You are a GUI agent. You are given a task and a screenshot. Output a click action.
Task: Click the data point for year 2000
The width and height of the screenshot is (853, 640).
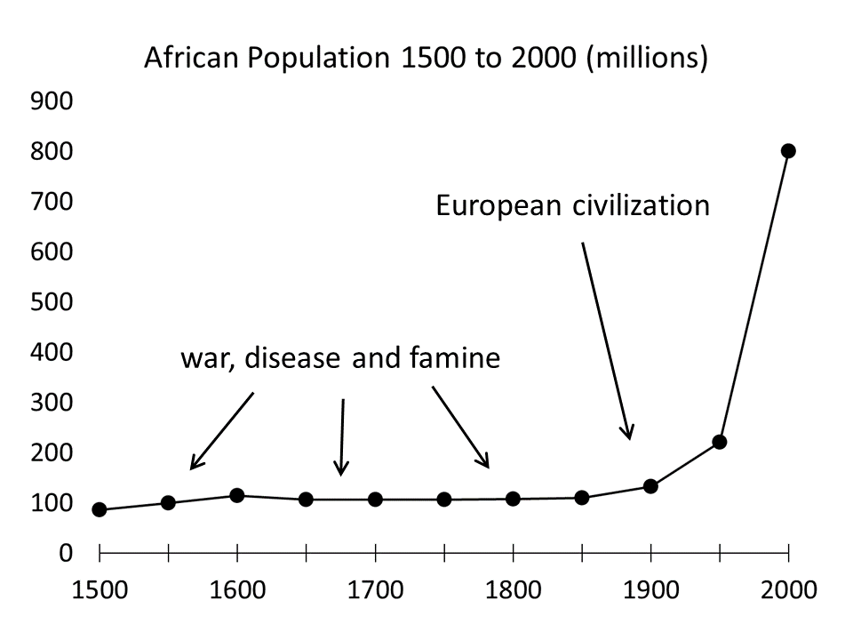coord(788,151)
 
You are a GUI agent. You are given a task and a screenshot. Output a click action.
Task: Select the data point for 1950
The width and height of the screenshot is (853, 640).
coord(720,442)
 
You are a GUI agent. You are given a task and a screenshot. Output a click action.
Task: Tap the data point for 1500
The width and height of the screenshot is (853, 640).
coord(100,510)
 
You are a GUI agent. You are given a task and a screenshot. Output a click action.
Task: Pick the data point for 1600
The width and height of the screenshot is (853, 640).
coord(237,495)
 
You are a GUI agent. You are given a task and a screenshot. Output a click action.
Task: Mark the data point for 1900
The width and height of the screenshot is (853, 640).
coord(650,486)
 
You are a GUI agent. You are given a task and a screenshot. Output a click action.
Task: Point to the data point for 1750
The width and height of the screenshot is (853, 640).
coord(444,500)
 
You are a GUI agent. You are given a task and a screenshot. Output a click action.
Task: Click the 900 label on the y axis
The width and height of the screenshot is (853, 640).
coord(52,102)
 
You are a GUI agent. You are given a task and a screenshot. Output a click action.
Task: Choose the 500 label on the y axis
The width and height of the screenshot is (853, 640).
coord(52,302)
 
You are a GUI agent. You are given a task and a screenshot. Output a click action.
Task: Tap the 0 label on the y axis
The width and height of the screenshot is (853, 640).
coord(66,553)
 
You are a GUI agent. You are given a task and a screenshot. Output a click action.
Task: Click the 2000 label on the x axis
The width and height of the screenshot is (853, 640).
coord(788,591)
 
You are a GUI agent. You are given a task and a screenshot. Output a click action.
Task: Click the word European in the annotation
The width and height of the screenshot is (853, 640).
coord(498,206)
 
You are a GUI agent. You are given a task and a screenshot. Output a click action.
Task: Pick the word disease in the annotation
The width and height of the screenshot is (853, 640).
coord(292,360)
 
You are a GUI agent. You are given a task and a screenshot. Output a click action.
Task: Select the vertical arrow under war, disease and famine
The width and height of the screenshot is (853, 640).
coord(342,436)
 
